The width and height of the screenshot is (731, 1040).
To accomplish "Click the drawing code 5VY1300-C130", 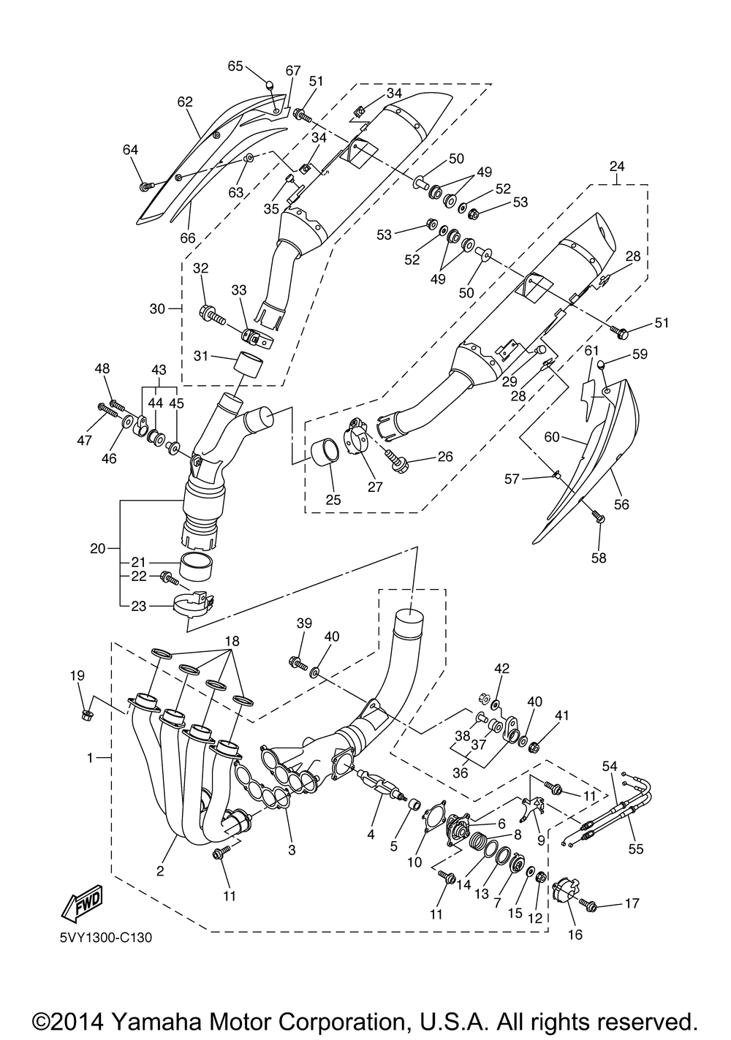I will click(x=102, y=938).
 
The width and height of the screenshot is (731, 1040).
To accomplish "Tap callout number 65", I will click(x=235, y=66).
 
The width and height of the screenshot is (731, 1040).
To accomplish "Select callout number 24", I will click(x=617, y=167).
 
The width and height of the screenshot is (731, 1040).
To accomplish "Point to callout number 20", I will click(x=97, y=547).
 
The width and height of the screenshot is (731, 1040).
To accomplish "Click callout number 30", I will click(x=157, y=308).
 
